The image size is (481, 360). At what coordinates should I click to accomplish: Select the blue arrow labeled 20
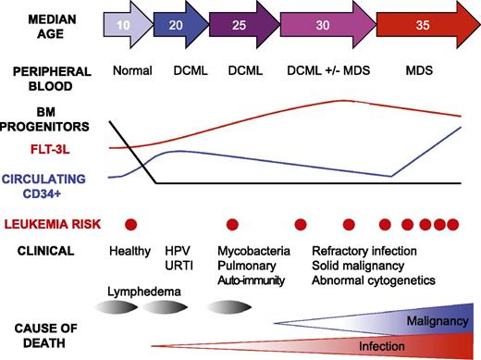pyautogui.click(x=176, y=25)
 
